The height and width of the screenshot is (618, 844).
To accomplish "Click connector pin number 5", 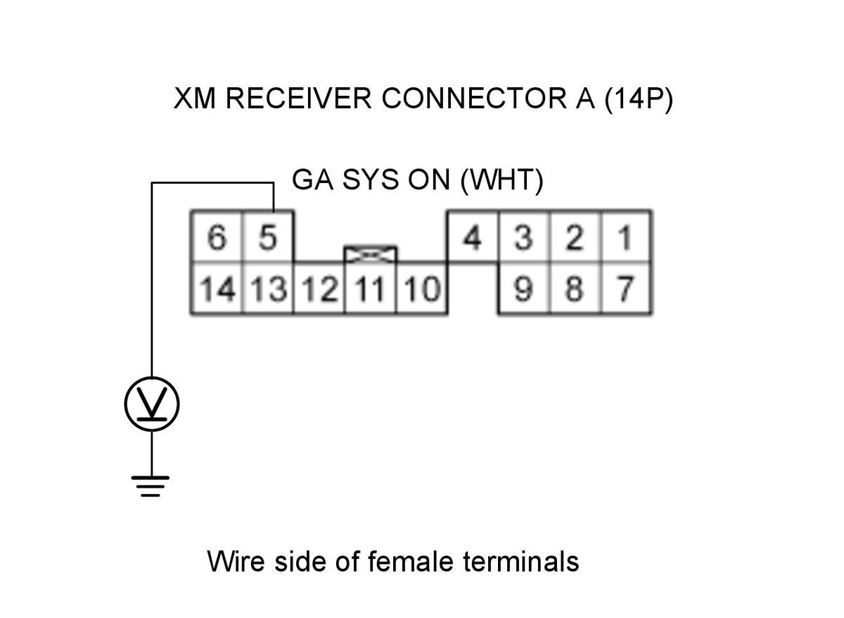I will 267,238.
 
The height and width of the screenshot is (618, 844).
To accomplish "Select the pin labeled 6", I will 217,238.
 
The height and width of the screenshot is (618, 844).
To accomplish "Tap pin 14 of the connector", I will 217,289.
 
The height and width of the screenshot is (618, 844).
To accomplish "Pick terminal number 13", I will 267,289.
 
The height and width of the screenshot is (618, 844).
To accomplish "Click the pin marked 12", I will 319,289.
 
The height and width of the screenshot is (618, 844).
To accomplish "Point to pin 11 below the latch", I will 370,289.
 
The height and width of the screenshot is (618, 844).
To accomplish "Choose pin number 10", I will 421,289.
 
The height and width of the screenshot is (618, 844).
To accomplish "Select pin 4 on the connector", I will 473,238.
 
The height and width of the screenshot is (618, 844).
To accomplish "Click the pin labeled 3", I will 524,238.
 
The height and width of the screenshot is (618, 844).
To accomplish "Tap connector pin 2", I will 575,238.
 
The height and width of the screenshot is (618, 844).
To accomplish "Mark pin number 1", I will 625,238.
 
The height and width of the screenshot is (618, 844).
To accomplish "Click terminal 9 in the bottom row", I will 524,289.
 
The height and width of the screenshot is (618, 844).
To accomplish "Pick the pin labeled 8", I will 575,289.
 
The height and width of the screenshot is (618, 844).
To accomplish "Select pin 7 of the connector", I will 625,289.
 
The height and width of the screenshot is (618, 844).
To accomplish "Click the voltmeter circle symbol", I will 152,405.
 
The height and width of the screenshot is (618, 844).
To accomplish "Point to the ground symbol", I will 151,486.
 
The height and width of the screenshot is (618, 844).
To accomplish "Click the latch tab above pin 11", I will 370,253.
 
